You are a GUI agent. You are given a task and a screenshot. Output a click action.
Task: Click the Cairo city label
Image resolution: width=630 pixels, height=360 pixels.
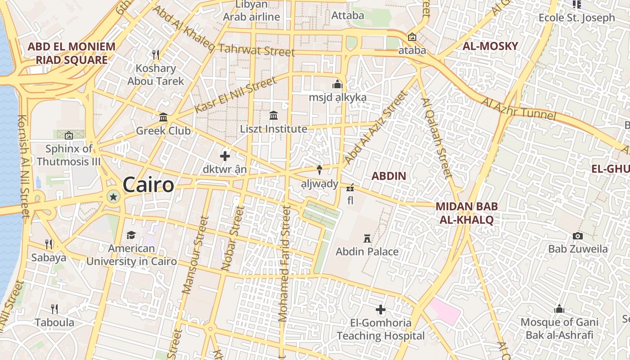click(148, 185)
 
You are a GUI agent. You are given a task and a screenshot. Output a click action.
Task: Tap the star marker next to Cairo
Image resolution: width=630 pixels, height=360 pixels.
click(113, 197)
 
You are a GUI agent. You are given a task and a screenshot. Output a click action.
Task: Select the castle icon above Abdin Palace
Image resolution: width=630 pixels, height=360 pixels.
click(367, 238)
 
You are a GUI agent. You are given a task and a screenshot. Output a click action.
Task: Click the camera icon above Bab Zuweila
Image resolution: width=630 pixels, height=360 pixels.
click(578, 236)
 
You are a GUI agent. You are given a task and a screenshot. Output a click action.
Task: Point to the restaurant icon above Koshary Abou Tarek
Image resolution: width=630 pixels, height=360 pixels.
click(156, 55)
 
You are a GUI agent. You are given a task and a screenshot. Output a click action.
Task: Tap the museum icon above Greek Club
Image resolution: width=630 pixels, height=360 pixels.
click(163, 117)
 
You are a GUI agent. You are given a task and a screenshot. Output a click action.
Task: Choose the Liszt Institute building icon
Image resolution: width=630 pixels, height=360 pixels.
click(274, 116)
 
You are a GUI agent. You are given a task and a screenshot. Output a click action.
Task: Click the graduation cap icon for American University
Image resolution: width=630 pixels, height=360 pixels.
click(131, 235)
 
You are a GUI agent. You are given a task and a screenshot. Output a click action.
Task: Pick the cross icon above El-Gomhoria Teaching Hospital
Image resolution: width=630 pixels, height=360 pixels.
click(381, 310)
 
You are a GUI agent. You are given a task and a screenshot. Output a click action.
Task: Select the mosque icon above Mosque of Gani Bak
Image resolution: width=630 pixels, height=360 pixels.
click(559, 309)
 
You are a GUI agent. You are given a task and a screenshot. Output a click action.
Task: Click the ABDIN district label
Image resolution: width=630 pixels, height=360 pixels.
click(389, 176)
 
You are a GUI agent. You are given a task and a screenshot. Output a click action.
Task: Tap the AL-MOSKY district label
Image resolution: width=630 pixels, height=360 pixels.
click(490, 46)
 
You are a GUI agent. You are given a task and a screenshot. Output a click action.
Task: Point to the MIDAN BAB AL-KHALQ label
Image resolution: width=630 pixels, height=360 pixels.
click(467, 213)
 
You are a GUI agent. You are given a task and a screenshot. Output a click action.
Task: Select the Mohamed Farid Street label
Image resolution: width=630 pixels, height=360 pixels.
click(284, 263)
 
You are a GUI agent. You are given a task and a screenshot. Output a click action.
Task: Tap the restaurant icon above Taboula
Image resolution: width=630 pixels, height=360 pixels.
click(54, 309)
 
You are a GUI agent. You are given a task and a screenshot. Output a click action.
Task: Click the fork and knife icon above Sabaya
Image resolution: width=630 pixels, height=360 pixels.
click(49, 244)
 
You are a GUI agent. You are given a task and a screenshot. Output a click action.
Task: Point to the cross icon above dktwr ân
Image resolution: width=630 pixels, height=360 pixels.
click(225, 156)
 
